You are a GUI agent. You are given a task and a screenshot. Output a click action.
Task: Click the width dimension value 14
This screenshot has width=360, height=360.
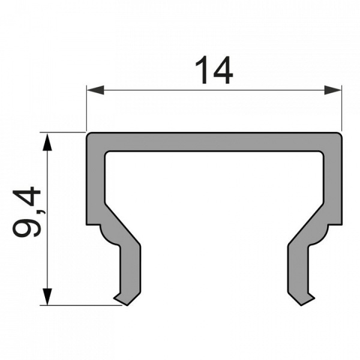(x=214, y=71)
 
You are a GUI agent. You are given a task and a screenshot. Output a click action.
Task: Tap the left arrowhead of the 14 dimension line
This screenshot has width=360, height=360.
(x=95, y=90)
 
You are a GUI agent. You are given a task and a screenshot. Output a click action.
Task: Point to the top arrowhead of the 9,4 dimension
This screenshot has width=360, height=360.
(x=47, y=142)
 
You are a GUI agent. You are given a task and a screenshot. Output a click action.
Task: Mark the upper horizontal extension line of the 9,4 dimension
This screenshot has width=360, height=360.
(x=63, y=132)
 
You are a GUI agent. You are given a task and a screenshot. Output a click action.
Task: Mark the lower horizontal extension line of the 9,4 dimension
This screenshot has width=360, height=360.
(x=78, y=305)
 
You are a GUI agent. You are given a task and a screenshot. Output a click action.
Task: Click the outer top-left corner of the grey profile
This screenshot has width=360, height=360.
(x=88, y=134)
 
